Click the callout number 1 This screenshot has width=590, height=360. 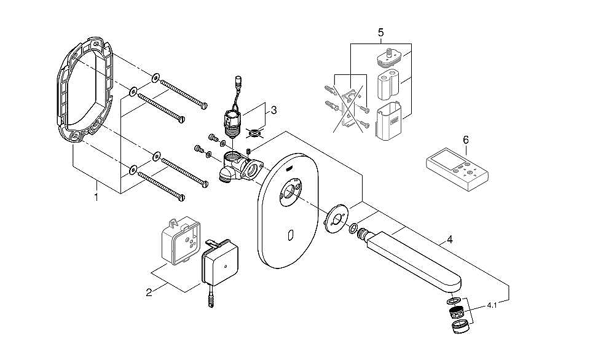[96, 197]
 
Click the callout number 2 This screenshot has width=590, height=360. [149, 292]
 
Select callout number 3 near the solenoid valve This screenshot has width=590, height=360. [273, 111]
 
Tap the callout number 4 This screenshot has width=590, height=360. [449, 240]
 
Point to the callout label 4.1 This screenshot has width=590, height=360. [492, 306]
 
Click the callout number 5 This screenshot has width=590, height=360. [380, 33]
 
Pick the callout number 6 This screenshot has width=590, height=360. [466, 140]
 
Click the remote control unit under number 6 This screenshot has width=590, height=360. [457, 170]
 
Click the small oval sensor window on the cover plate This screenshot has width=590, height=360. [290, 235]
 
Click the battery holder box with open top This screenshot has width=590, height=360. [388, 121]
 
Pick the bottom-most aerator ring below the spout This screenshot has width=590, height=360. [460, 327]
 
